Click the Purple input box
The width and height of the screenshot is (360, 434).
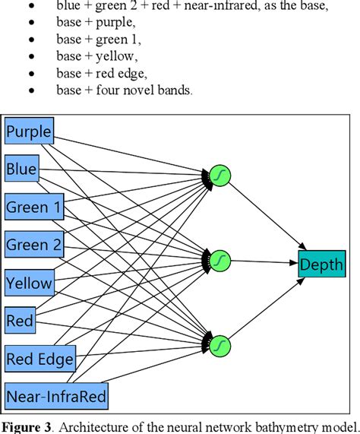(x=29, y=132)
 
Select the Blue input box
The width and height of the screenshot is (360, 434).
(x=22, y=169)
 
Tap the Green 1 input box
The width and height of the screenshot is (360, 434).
(x=34, y=206)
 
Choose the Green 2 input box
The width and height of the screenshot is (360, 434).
(x=35, y=245)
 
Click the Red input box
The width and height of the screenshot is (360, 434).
(x=21, y=321)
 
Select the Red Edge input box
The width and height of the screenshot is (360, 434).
(x=40, y=358)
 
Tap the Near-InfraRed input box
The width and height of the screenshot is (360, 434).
(x=57, y=395)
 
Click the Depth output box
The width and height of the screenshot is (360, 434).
(x=322, y=265)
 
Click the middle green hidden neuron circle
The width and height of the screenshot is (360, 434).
(x=219, y=260)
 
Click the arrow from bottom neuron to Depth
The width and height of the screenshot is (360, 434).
(x=266, y=307)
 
